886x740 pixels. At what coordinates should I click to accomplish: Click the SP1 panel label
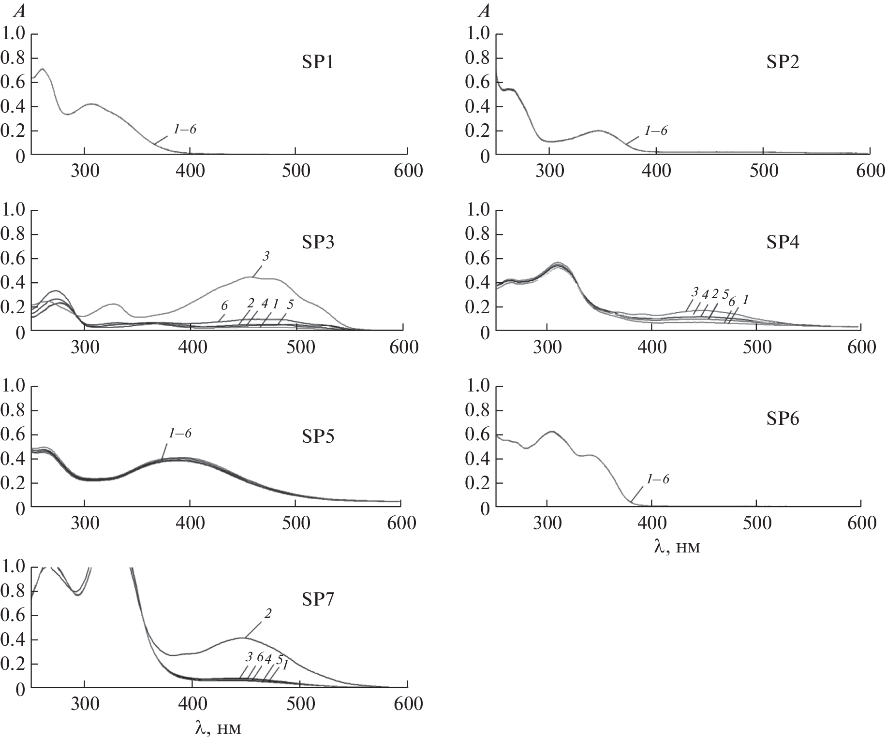[318, 63]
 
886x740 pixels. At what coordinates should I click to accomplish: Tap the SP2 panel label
[783, 63]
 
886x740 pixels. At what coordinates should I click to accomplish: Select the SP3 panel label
[318, 242]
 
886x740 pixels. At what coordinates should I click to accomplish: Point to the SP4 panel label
[783, 242]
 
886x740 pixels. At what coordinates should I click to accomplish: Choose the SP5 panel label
[318, 436]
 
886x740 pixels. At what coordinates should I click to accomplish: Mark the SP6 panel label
[783, 419]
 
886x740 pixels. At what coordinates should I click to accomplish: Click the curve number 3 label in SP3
[265, 257]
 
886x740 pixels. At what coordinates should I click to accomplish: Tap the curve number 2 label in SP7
[268, 613]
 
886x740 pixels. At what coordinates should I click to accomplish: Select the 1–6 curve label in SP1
[185, 129]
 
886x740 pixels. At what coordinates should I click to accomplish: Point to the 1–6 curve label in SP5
[179, 433]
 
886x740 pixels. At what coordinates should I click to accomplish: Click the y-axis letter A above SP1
[20, 12]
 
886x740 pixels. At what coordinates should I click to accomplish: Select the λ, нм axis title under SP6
[677, 548]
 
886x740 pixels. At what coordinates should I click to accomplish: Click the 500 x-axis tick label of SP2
[763, 171]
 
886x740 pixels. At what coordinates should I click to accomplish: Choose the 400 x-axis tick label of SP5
[192, 523]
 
